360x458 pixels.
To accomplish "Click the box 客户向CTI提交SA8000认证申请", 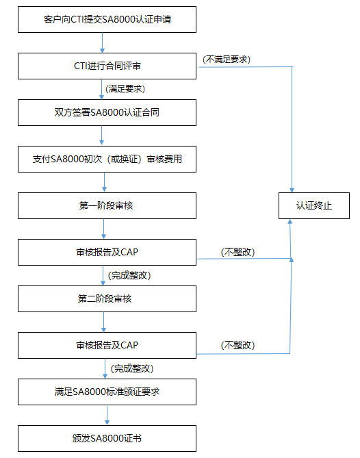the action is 107,20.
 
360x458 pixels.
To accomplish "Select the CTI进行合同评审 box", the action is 107,66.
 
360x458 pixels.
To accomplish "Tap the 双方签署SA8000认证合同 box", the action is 107,112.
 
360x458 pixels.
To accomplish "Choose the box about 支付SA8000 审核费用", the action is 107,160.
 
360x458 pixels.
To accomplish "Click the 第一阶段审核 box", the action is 107,205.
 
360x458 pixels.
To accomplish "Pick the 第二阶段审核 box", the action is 107,298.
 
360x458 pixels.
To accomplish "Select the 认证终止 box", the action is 314,205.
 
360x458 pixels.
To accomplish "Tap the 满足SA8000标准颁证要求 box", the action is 107,392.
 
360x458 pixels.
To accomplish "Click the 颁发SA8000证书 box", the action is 107,438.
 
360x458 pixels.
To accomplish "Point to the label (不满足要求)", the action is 227,60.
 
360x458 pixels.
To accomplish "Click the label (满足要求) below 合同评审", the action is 125,89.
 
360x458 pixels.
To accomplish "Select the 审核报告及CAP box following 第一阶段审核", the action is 107,253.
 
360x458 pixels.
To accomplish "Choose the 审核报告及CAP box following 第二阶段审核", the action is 107,345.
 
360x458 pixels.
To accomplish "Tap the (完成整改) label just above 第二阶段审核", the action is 129,275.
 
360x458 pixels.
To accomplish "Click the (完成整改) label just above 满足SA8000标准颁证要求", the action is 132,368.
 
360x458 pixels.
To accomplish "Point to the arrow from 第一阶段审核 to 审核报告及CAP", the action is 103,229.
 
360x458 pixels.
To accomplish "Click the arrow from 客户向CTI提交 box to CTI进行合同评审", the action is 102,43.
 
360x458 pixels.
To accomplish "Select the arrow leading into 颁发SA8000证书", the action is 107,416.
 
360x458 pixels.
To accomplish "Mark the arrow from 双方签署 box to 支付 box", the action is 101,136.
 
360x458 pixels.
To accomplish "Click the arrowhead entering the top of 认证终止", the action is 292,190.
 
